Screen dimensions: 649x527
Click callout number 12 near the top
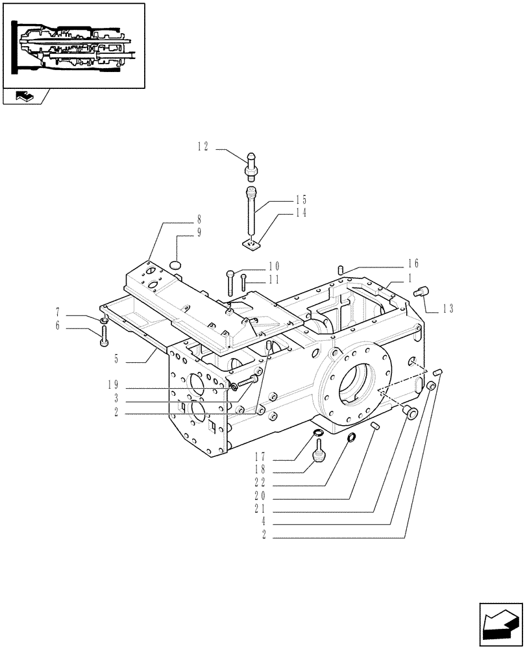203,147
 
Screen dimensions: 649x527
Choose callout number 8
190,220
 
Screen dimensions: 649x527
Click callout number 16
413,263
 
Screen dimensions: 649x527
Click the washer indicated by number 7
104,321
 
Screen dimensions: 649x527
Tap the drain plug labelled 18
319,452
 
